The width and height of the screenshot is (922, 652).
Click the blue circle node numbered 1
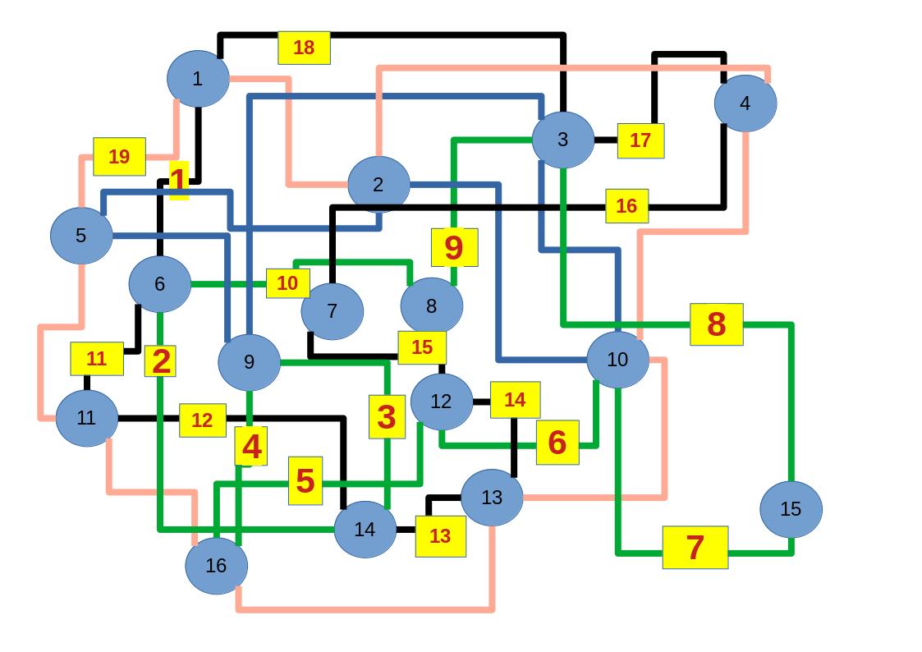pos(197,79)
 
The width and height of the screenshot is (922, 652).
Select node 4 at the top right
pos(745,103)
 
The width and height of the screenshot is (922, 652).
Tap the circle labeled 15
pos(790,509)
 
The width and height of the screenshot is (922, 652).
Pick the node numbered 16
pos(216,565)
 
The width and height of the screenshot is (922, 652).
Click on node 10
pos(617,360)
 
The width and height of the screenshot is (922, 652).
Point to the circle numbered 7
pos(332,311)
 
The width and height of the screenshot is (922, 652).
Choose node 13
pos(491,497)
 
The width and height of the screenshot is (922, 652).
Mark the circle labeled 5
pos(80,236)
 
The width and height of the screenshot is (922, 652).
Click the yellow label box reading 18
pos(304,48)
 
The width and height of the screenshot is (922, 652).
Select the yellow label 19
pos(119,156)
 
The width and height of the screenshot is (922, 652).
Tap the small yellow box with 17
pos(640,140)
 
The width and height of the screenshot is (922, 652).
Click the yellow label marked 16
pos(626,206)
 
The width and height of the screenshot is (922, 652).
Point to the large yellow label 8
pos(716,324)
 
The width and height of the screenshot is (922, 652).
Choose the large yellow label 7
pos(695,547)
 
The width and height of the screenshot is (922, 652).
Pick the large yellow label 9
pos(454,247)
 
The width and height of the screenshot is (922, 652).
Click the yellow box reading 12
pos(202,420)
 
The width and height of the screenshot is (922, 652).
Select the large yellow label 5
pos(305,480)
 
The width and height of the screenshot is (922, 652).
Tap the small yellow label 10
pos(287,283)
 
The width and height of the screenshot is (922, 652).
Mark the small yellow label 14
pos(515,400)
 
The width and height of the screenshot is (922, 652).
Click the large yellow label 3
pos(387,417)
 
